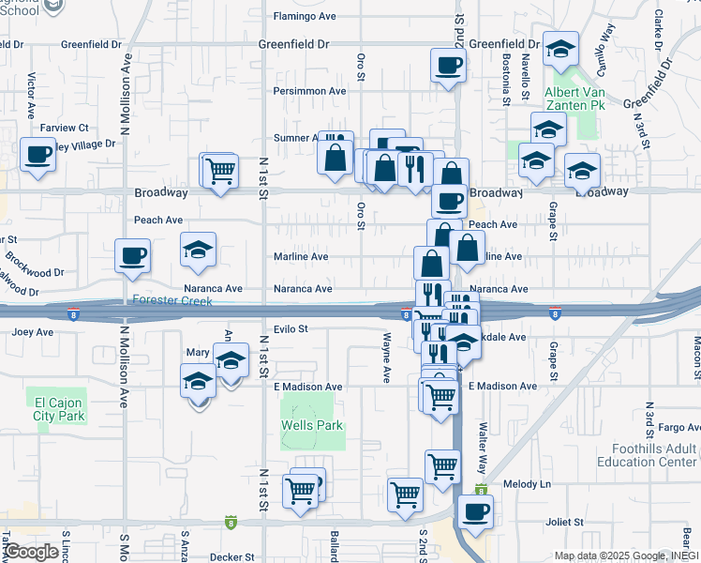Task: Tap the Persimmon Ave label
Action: [x=309, y=91]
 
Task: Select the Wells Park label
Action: [x=312, y=425]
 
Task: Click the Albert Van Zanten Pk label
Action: [x=574, y=99]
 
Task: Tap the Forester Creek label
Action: [x=172, y=301]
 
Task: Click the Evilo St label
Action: [x=291, y=329]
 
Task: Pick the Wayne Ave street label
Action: [x=386, y=358]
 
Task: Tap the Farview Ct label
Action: [x=64, y=128]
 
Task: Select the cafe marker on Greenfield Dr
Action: [x=447, y=66]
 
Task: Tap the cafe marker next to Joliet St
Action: [x=475, y=511]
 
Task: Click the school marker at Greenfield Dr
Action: [x=560, y=49]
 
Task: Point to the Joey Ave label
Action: [x=33, y=331]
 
